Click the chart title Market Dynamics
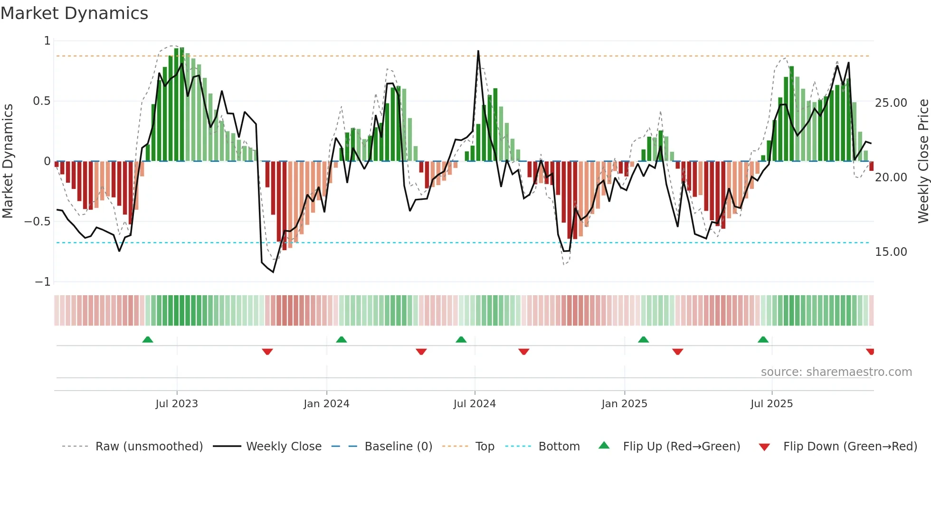coord(74,13)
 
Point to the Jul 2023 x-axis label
coord(177,404)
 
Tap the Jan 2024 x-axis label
coord(326,404)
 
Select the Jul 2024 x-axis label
coord(475,404)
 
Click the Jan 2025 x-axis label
coord(624,404)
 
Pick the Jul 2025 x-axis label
coord(772,404)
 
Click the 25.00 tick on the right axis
coord(891,103)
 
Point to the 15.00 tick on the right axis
coord(891,252)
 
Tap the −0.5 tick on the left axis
coord(37,222)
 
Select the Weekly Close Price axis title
coord(923,161)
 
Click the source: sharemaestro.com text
coord(836,372)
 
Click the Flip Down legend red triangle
coord(764,447)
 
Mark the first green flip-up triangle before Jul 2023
coord(148,340)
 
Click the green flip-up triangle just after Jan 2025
coord(644,340)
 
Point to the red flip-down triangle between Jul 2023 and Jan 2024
coord(267,352)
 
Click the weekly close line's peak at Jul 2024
coord(478,51)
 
